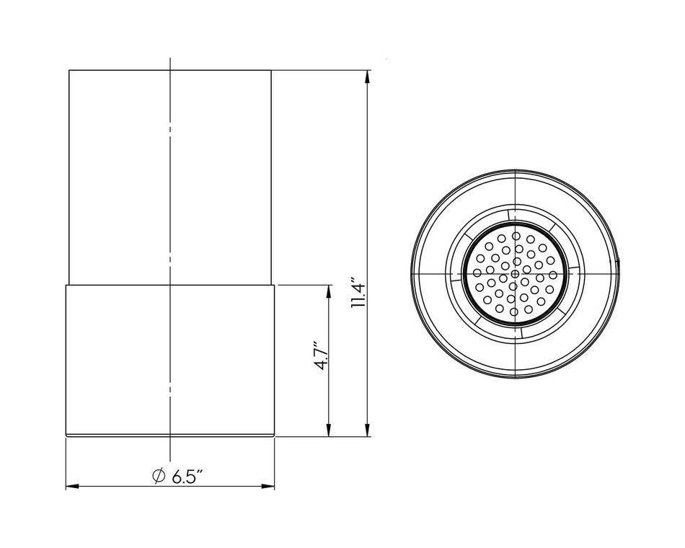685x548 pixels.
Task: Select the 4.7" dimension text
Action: pyautogui.click(x=322, y=356)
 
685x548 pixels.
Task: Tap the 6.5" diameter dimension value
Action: pyautogui.click(x=188, y=477)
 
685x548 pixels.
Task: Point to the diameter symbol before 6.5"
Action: pyautogui.click(x=158, y=476)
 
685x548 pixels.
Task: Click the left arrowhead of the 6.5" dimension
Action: pyautogui.click(x=72, y=487)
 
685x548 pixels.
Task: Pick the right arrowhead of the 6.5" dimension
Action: pyautogui.click(x=268, y=487)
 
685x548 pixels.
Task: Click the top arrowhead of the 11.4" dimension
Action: pyautogui.click(x=368, y=77)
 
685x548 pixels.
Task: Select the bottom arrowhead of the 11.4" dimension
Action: pyautogui.click(x=368, y=429)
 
